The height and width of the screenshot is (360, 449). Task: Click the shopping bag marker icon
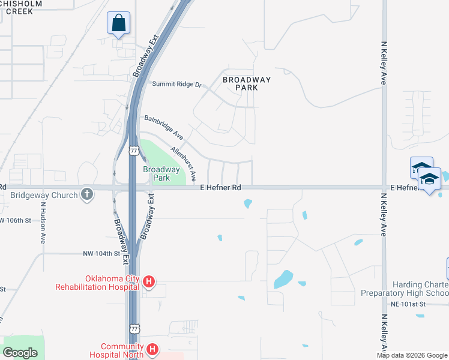pyautogui.click(x=118, y=23)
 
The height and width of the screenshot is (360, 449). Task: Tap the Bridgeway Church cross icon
pyautogui.click(x=88, y=194)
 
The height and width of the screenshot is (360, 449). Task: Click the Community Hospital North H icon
pyautogui.click(x=152, y=349)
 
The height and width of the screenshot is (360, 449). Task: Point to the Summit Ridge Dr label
pyautogui.click(x=176, y=85)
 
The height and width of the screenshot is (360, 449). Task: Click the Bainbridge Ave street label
pyautogui.click(x=163, y=128)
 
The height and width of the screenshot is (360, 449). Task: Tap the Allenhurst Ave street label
pyautogui.click(x=183, y=164)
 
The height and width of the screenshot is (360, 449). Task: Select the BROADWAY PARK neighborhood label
pyautogui.click(x=247, y=83)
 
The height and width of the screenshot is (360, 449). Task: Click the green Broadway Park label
pyautogui.click(x=161, y=173)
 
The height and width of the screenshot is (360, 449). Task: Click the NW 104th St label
pyautogui.click(x=101, y=254)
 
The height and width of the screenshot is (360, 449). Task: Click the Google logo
pyautogui.click(x=20, y=353)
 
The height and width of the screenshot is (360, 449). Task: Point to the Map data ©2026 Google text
pyautogui.click(x=412, y=355)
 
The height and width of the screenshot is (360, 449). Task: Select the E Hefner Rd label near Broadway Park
pyautogui.click(x=220, y=188)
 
